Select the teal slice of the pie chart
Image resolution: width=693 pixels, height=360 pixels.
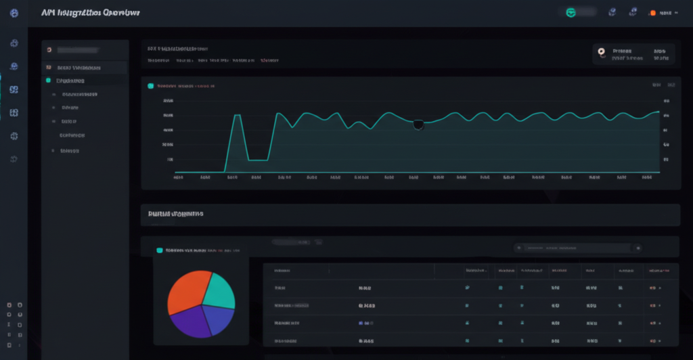pyautogui.click(x=219, y=290)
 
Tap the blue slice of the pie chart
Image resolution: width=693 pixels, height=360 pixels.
pyautogui.click(x=218, y=319)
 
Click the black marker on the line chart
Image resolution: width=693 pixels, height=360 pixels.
pyautogui.click(x=418, y=124)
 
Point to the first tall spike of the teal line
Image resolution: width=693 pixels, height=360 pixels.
pyautogui.click(x=238, y=116)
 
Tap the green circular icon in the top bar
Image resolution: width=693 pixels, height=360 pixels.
pyautogui.click(x=571, y=12)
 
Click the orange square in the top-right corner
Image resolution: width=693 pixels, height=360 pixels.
pyautogui.click(x=653, y=13)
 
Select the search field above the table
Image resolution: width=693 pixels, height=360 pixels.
pyautogui.click(x=579, y=248)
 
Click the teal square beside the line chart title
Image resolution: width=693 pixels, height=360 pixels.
pyautogui.click(x=150, y=86)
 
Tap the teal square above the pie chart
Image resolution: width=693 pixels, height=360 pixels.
pyautogui.click(x=160, y=250)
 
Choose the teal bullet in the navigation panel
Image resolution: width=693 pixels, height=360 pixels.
pyautogui.click(x=48, y=80)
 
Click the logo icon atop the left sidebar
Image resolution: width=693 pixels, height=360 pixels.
pyautogui.click(x=14, y=12)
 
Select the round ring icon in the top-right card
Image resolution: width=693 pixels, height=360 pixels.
pyautogui.click(x=601, y=50)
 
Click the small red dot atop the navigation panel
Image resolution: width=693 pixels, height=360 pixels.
pyautogui.click(x=49, y=50)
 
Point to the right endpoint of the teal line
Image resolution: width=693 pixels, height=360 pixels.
pyautogui.click(x=658, y=112)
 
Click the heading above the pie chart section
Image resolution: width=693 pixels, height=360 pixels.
pyautogui.click(x=175, y=213)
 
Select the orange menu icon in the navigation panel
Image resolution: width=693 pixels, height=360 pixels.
pyautogui.click(x=48, y=68)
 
